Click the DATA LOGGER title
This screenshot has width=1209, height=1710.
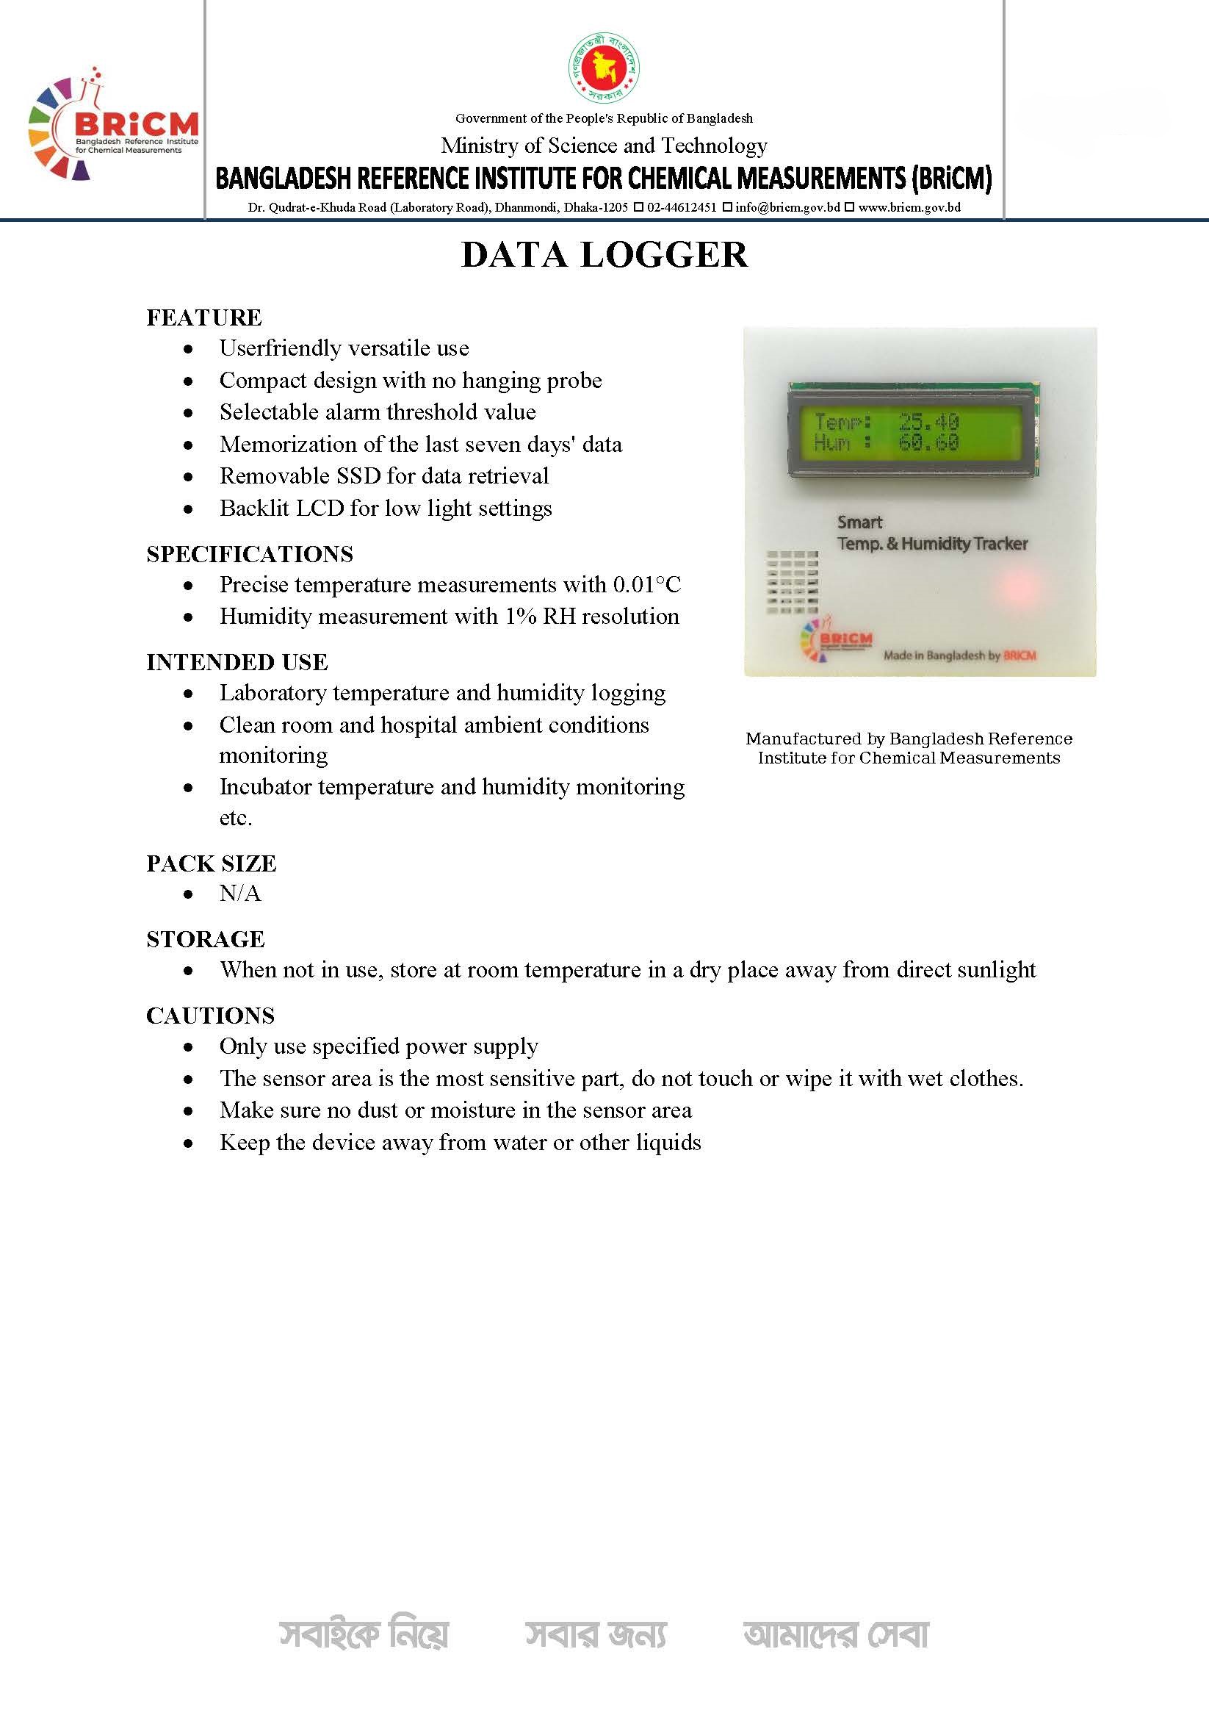point(604,255)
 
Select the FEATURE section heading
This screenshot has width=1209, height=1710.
point(204,317)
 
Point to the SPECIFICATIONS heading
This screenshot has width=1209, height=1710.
point(250,554)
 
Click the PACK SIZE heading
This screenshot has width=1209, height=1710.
point(212,863)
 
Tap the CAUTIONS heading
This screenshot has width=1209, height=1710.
point(211,1016)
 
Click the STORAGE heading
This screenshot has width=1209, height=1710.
point(206,939)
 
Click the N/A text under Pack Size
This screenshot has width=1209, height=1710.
point(239,894)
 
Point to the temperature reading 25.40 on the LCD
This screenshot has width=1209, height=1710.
point(928,423)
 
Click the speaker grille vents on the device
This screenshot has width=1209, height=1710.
point(792,582)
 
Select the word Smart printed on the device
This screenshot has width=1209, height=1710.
point(860,522)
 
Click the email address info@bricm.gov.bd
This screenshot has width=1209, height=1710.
point(787,207)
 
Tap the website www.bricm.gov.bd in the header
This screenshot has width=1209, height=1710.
point(909,207)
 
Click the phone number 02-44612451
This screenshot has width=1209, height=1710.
point(681,207)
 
